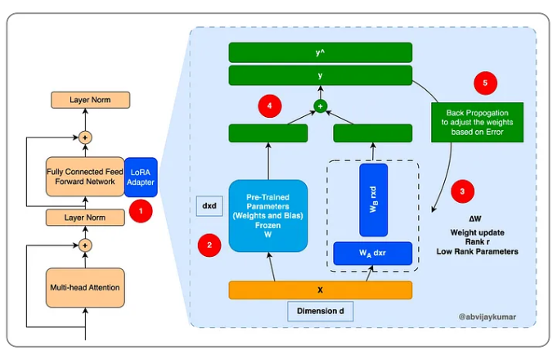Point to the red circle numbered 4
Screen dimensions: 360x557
(x=270, y=105)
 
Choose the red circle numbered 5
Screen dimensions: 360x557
(x=485, y=83)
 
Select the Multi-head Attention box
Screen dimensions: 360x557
(x=86, y=286)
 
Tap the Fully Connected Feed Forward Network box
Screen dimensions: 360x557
(x=86, y=173)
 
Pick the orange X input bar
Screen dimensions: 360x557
(x=319, y=290)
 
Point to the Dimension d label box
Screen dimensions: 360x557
(x=319, y=312)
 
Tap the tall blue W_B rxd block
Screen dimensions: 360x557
(x=373, y=199)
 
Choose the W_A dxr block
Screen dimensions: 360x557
(x=373, y=254)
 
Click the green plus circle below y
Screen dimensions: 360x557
(x=321, y=106)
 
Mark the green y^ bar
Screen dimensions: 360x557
(x=321, y=53)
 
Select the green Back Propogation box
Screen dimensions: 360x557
(x=475, y=122)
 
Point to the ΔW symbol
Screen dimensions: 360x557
(x=476, y=220)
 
